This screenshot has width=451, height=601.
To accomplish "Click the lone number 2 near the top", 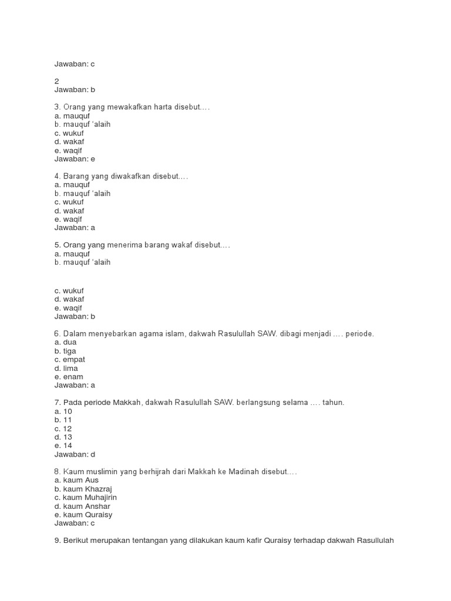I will pyautogui.click(x=57, y=81).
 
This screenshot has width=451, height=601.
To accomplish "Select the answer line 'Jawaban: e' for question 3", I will pyautogui.click(x=75, y=158).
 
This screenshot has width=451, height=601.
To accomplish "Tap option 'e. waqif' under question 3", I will pyautogui.click(x=68, y=150).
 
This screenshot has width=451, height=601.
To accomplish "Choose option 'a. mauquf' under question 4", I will pyautogui.click(x=72, y=184).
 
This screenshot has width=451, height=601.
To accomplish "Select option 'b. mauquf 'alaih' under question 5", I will pyautogui.click(x=82, y=262).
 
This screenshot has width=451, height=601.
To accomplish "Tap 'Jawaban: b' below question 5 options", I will pyautogui.click(x=75, y=316).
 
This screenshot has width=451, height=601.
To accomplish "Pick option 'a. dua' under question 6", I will pyautogui.click(x=66, y=342).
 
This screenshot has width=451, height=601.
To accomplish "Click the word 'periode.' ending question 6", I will pyautogui.click(x=359, y=334).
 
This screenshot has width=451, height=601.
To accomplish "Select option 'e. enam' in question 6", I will pyautogui.click(x=69, y=377).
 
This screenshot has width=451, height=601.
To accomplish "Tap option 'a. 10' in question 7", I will pyautogui.click(x=63, y=411).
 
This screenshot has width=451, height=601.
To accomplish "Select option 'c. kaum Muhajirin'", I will pyautogui.click(x=86, y=497).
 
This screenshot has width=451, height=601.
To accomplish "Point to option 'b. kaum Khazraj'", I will pyautogui.click(x=83, y=489).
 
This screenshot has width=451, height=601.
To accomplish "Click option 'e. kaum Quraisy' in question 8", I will pyautogui.click(x=83, y=515).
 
